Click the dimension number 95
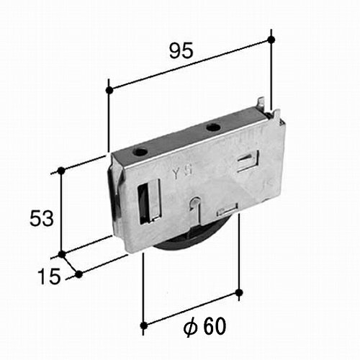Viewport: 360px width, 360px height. (x=181, y=50)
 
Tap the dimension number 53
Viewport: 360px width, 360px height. (x=41, y=218)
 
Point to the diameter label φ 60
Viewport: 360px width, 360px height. (x=204, y=326)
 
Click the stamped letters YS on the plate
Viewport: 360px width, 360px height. (x=183, y=173)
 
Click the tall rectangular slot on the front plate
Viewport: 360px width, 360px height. (x=148, y=202)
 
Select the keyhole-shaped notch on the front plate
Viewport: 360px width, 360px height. (x=196, y=209)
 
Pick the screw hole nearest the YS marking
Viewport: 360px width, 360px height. (x=140, y=152)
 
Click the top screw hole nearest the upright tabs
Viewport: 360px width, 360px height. (x=212, y=127)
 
